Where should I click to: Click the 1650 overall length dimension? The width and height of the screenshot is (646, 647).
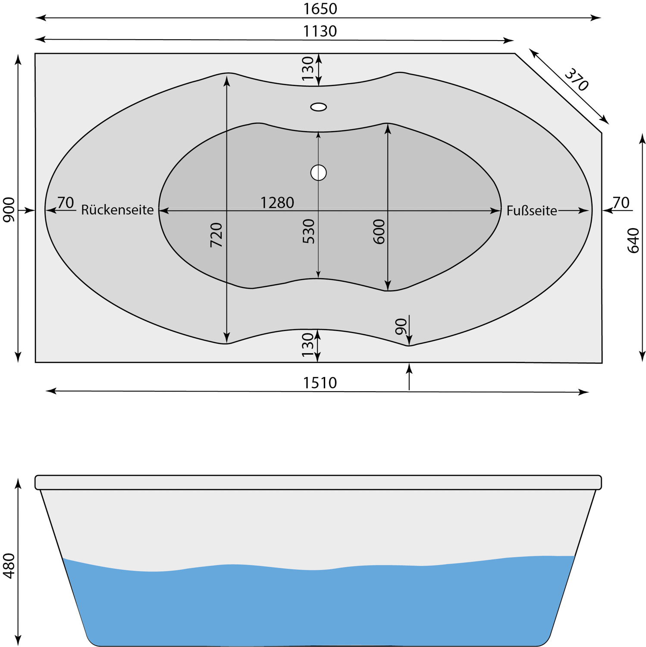[320, 9]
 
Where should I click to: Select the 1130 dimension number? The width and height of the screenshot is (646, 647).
[320, 31]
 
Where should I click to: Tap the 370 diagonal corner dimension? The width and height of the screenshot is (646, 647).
[577, 80]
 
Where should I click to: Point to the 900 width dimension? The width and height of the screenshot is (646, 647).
[9, 210]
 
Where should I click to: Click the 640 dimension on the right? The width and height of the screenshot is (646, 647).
[633, 241]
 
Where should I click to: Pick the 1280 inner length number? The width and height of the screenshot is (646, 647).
[277, 203]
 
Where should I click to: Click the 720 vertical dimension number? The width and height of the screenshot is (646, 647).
[216, 235]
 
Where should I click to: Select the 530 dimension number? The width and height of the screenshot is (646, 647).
[309, 232]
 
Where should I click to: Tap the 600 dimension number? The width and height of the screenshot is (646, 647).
[379, 232]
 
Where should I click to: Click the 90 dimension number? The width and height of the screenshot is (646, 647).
[401, 327]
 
